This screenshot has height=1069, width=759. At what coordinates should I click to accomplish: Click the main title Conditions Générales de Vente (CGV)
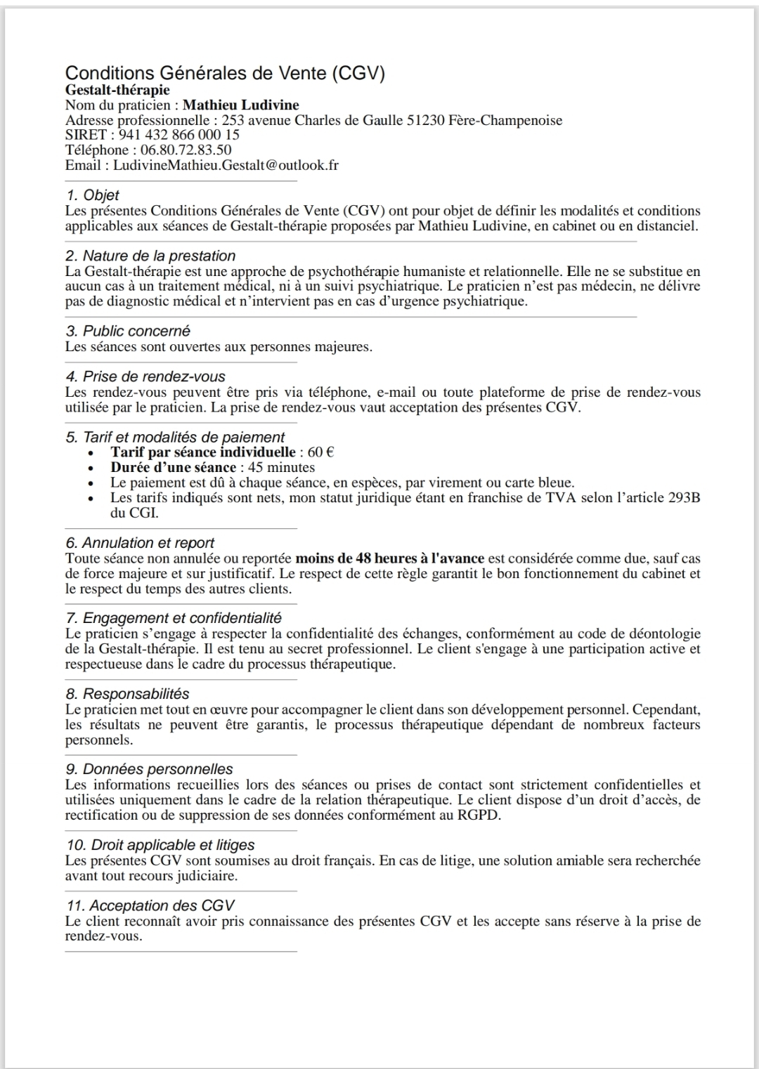coord(225,73)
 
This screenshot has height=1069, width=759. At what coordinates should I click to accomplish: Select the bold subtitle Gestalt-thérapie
coord(117,90)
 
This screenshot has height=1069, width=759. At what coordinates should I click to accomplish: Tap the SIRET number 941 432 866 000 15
coord(179,135)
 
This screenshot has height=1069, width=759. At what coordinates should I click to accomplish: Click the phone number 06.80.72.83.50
coord(186,150)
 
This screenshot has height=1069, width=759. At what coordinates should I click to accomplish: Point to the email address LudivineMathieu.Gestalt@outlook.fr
coord(226,166)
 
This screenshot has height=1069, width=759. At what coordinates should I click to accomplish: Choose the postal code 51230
coord(425,120)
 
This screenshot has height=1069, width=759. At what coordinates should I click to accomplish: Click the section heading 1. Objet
coord(92,195)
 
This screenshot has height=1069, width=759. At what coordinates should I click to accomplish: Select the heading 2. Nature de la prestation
coord(150,256)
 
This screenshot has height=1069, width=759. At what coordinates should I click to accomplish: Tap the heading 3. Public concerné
coord(128,331)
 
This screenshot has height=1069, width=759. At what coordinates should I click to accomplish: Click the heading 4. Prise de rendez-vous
coord(145,376)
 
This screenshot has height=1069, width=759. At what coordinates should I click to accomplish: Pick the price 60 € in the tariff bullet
coord(320,452)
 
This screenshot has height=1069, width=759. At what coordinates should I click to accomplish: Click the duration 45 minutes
coord(281,468)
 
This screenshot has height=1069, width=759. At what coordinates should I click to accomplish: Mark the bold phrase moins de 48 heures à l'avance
coord(389,558)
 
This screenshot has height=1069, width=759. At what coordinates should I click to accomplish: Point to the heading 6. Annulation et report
coord(140,543)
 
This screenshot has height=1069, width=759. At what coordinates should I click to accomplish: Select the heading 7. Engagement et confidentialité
coord(174,618)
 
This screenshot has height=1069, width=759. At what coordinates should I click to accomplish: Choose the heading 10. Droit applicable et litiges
coord(160,845)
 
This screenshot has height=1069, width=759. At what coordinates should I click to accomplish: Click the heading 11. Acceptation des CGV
coord(150,906)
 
